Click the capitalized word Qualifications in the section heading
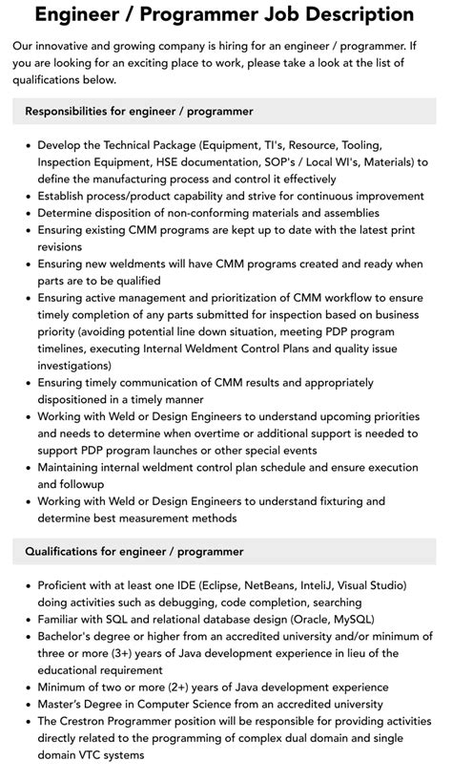point(66,551)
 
